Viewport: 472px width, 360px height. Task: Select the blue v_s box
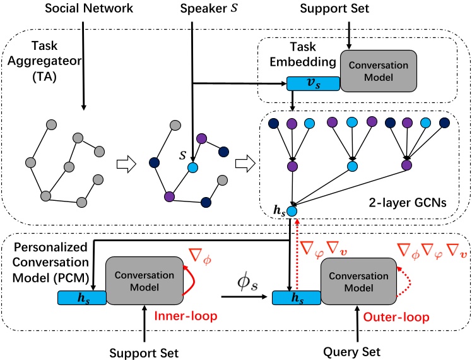tap(313, 83)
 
